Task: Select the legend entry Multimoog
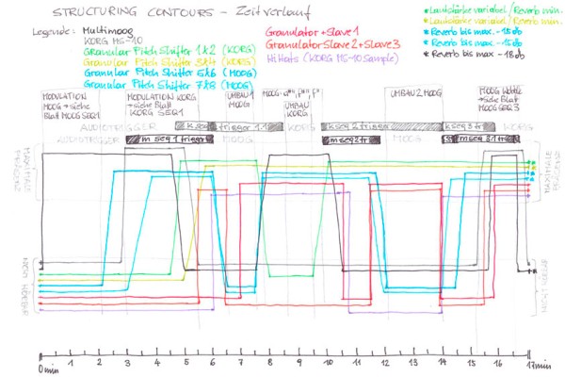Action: (110, 31)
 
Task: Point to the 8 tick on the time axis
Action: (271, 361)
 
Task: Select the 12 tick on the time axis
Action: (386, 361)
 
